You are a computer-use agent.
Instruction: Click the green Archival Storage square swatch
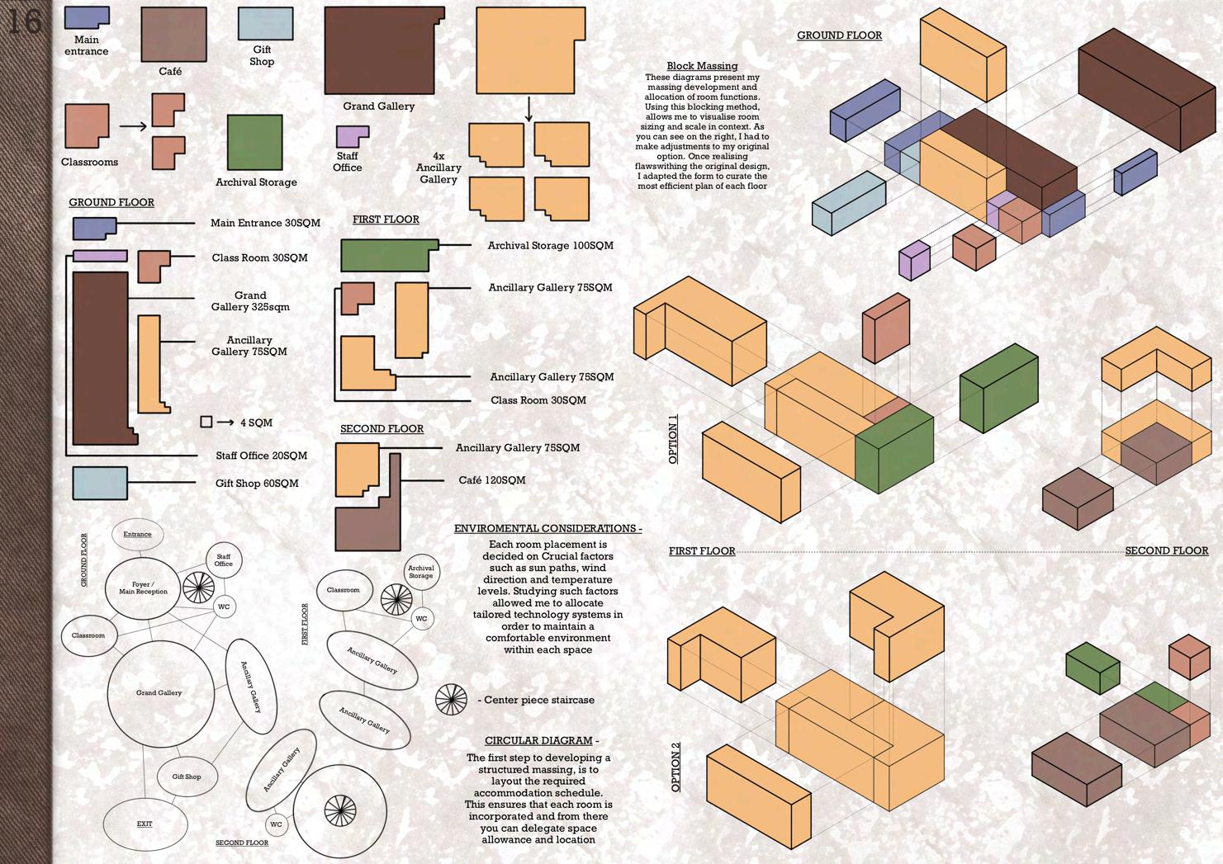(x=254, y=143)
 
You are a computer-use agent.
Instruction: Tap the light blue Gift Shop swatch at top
(x=265, y=24)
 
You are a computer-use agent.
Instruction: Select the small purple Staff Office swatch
(x=351, y=136)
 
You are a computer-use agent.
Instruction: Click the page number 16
(x=24, y=21)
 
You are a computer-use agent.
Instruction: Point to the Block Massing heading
(x=702, y=66)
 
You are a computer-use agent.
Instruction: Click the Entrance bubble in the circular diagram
(x=137, y=534)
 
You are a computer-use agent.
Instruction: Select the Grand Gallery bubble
(x=159, y=692)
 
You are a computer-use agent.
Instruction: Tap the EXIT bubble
(x=145, y=824)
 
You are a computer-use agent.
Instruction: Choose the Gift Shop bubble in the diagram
(x=187, y=777)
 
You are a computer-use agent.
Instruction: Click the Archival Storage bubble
(x=420, y=570)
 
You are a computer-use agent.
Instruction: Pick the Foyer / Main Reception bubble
(x=143, y=588)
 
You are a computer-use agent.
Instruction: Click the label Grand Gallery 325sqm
(x=250, y=301)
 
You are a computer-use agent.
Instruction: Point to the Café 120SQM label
(x=491, y=480)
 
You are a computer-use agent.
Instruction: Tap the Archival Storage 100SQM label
(x=550, y=246)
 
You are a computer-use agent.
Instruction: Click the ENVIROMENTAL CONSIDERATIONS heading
(x=548, y=528)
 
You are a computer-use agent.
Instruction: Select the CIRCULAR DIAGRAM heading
(x=541, y=741)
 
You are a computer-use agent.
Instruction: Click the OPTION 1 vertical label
(x=673, y=439)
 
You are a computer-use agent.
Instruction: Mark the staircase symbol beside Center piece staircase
(x=451, y=700)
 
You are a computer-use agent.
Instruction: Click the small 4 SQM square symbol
(x=206, y=422)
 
